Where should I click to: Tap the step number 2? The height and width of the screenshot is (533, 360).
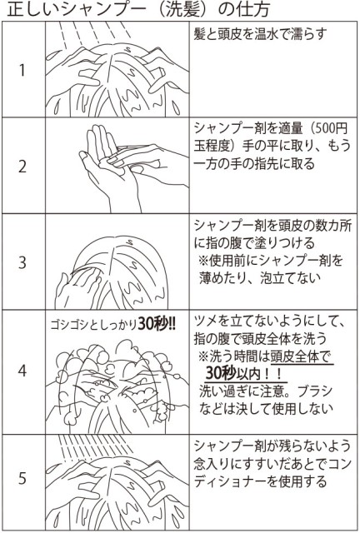click(22, 165)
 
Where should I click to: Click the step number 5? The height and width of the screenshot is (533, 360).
click(22, 481)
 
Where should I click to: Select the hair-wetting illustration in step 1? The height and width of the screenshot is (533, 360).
click(117, 71)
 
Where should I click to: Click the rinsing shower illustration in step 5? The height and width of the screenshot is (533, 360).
click(117, 483)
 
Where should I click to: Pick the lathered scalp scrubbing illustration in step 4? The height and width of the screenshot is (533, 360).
click(117, 383)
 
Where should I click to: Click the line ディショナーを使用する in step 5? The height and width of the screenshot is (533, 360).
click(257, 481)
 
